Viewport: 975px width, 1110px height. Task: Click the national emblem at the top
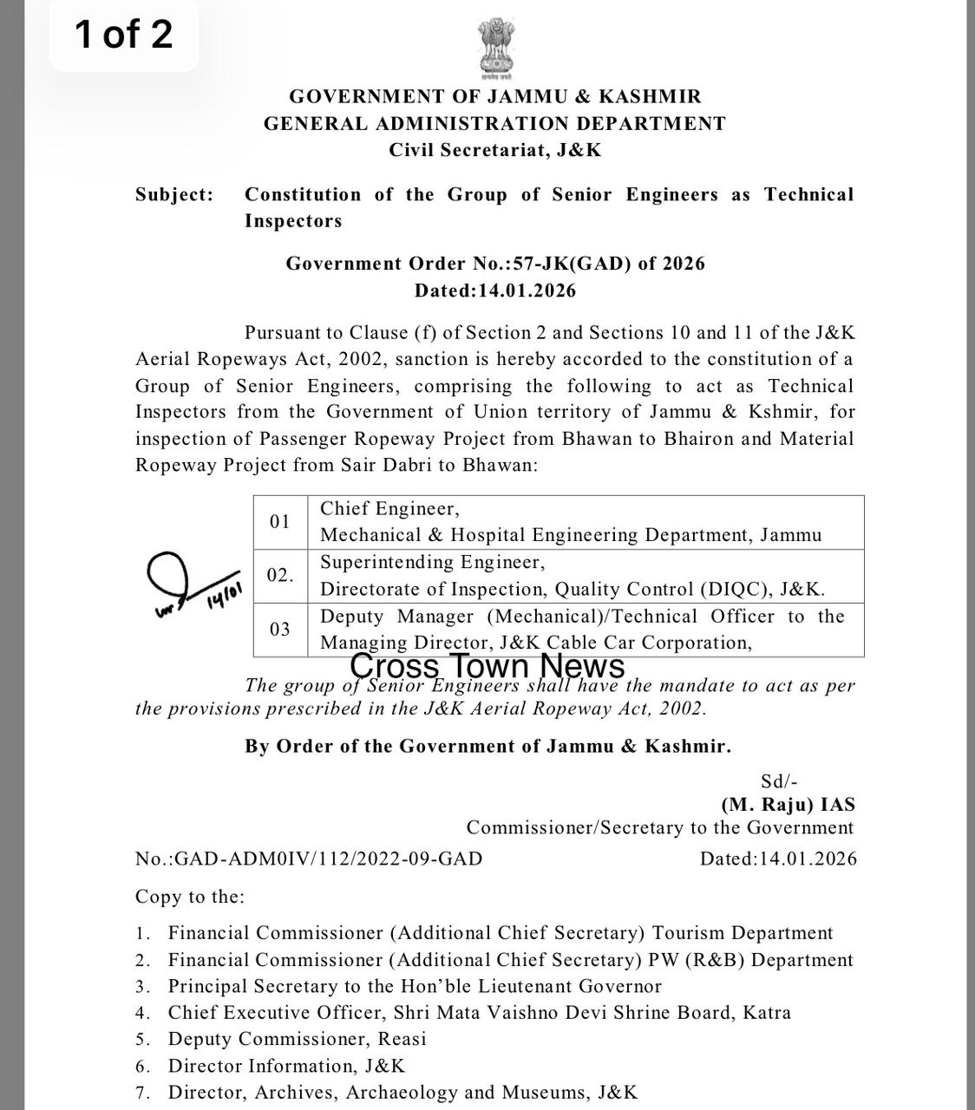495,49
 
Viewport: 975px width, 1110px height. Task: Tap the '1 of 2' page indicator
123,35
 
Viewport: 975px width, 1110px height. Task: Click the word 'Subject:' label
173,195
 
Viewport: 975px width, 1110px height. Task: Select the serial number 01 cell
280,522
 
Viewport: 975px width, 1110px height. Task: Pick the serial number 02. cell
280,576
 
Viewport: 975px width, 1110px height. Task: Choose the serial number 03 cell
280,630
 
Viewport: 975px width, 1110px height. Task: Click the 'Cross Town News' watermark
487,666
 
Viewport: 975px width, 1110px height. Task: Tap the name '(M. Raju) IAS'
788,804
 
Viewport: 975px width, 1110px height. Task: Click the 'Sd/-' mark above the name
779,781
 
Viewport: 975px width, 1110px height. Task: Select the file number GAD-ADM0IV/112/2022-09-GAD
309,859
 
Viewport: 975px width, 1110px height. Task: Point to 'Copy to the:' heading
190,897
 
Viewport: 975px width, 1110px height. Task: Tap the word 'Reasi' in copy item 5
402,1039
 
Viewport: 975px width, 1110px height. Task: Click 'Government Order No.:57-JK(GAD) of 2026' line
495,264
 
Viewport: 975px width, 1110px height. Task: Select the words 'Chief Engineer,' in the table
389,509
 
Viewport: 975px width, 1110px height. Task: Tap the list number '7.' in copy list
144,1093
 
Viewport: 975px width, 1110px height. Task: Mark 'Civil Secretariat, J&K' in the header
495,150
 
